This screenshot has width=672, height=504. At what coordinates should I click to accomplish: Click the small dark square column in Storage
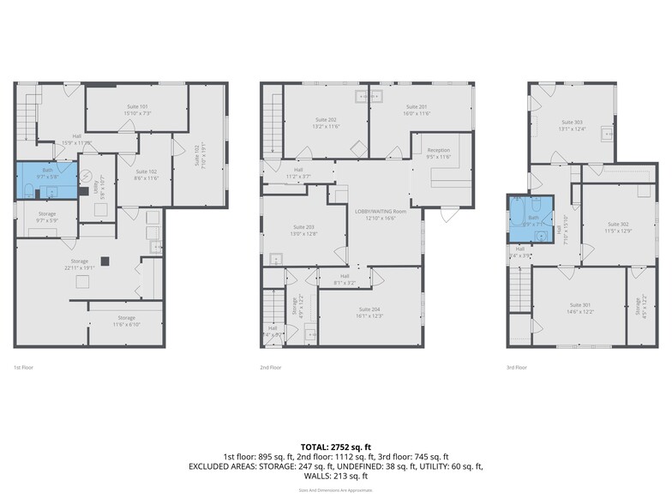(x=105, y=261)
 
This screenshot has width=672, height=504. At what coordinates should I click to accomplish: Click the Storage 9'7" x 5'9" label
(x=47, y=217)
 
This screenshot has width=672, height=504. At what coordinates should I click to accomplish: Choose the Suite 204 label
(x=369, y=312)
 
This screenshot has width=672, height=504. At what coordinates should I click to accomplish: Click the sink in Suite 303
(x=608, y=134)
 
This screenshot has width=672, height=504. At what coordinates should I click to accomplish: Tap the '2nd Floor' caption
(x=271, y=368)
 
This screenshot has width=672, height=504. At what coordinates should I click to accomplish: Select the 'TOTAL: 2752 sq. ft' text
(x=336, y=447)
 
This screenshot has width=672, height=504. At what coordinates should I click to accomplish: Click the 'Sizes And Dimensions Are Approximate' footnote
(x=336, y=489)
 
